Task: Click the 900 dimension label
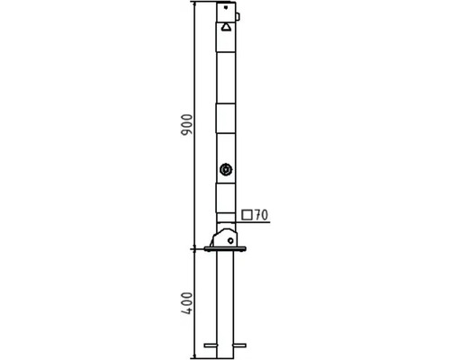(x=186, y=125)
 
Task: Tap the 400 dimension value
(x=187, y=303)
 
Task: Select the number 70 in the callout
(x=261, y=215)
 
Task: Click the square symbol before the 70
(x=247, y=215)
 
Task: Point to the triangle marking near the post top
(x=226, y=28)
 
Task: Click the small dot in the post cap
(x=226, y=7)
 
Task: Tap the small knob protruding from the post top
(x=238, y=16)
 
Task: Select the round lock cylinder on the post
(x=226, y=170)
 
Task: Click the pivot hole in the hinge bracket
(x=230, y=240)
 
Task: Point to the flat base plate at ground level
(x=225, y=248)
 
